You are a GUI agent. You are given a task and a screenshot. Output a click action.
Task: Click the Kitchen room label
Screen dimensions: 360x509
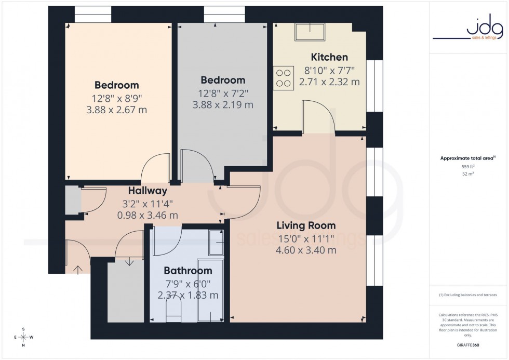329,57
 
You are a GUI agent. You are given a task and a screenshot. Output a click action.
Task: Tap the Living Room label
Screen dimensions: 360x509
306,225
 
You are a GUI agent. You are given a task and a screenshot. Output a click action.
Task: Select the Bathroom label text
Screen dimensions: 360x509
188,271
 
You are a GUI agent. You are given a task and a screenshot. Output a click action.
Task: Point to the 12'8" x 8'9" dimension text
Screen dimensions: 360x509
117,98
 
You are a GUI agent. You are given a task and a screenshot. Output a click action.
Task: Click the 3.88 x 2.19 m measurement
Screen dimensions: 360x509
223,105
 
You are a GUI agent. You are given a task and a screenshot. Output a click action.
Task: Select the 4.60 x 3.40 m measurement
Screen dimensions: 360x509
306,250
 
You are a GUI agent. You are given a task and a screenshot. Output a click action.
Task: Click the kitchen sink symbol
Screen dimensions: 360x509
310,32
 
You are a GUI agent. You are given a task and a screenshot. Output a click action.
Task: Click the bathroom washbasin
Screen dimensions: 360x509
216,242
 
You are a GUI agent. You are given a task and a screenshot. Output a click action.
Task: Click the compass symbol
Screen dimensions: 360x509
23,337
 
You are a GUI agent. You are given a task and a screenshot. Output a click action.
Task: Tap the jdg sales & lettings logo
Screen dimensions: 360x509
468,29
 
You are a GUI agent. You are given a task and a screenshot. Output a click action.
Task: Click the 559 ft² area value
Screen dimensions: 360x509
468,166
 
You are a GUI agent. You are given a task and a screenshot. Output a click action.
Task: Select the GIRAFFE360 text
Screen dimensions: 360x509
468,344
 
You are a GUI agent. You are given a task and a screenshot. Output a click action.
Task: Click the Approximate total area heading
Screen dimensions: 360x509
467,158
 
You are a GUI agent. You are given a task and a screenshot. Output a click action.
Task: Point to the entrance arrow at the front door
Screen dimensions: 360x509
78,269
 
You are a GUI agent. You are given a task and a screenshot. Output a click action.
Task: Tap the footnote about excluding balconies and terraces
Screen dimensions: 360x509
468,295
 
